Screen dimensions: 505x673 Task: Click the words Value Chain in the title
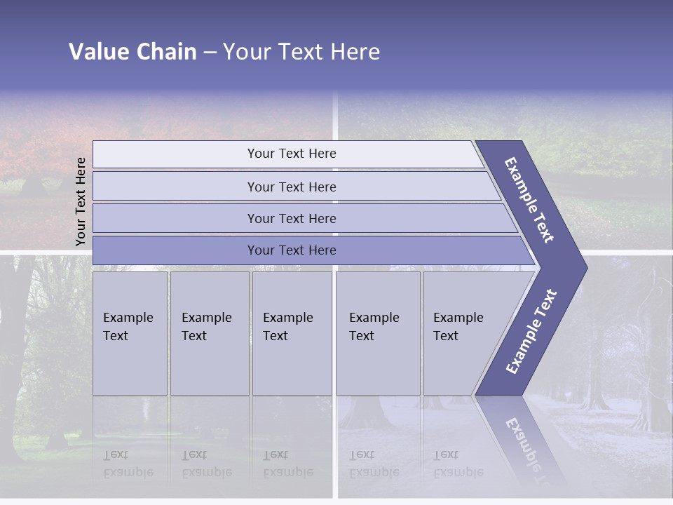(132, 52)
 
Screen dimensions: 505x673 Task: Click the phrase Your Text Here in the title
(301, 52)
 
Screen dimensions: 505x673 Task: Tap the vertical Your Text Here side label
(81, 201)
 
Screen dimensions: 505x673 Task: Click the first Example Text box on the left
(130, 333)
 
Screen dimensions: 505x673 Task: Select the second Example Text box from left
(210, 333)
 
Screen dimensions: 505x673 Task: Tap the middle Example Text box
(292, 333)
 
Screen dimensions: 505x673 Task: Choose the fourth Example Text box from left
(378, 333)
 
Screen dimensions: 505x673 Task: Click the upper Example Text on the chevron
(529, 200)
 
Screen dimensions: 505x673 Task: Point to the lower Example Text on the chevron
(531, 332)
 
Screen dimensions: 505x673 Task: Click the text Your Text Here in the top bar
(292, 154)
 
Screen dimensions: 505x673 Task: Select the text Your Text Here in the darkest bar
(292, 250)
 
